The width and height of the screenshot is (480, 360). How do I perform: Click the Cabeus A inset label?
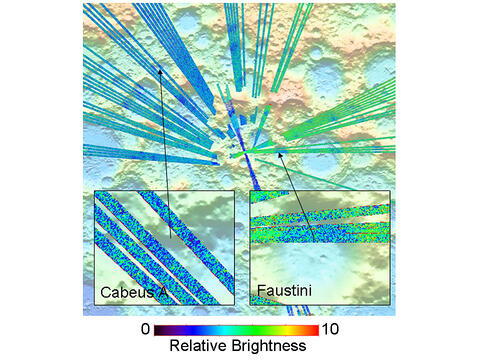click(x=133, y=293)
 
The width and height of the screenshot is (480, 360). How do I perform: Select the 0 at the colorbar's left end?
click(x=146, y=328)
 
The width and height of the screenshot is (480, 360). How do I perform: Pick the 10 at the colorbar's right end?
click(x=331, y=328)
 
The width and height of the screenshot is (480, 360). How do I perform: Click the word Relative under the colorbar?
click(x=198, y=347)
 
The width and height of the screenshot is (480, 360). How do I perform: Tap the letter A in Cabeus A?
click(x=165, y=293)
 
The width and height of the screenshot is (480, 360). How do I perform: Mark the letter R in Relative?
click(x=174, y=347)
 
